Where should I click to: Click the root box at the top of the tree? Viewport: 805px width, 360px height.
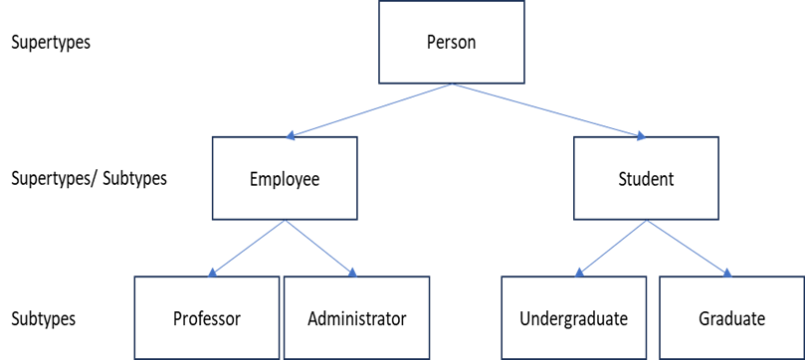point(451,42)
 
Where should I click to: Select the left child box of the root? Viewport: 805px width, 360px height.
point(285,177)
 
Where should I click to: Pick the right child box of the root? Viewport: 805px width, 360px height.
point(646,177)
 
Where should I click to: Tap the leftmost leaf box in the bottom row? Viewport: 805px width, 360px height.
point(206,317)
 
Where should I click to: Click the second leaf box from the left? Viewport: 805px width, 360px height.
point(356,317)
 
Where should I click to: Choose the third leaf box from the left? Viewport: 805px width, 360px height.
point(573,317)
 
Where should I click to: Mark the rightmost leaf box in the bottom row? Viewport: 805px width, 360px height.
point(730,317)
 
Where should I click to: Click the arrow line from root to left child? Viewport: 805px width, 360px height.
point(368,111)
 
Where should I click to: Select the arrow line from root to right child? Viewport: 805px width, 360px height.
point(549,111)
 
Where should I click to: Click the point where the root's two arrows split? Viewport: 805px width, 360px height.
point(452,85)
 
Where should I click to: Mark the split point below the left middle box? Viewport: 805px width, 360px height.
point(285,220)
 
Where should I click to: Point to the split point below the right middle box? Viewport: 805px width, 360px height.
point(647,220)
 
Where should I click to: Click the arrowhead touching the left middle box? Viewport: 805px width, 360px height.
point(291,136)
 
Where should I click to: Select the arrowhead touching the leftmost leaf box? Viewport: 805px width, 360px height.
point(212,273)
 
